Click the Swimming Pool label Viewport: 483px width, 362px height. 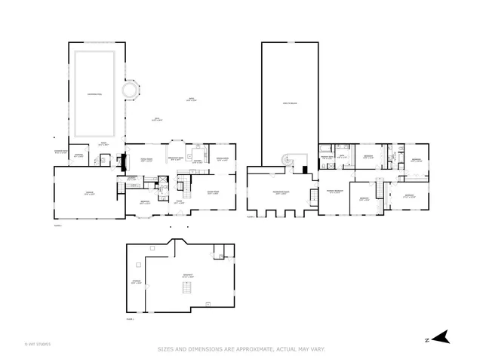pos(94,94)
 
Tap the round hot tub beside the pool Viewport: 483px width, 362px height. pos(131,91)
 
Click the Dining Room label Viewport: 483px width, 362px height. pos(223,158)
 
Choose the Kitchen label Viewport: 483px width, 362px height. pos(198,161)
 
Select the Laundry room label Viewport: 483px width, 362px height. pos(131,179)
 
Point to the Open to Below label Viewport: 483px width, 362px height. pos(290,103)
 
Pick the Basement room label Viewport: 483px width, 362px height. pos(188,275)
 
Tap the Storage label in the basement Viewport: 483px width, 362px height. pos(137,282)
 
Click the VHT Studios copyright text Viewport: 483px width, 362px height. pos(37,344)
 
